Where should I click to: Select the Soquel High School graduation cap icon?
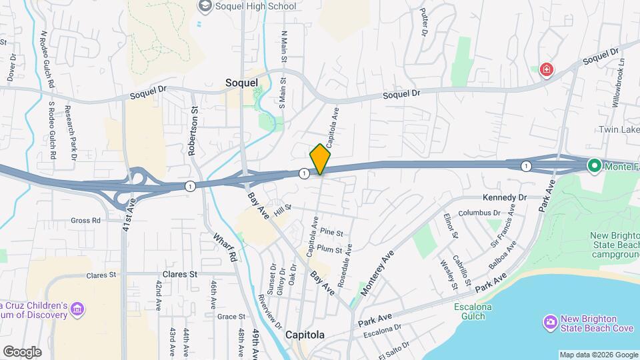pyautogui.click(x=205, y=6)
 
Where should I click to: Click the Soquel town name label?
pyautogui.click(x=241, y=83)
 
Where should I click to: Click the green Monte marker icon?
pyautogui.click(x=593, y=165)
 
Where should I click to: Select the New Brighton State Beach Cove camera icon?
pyautogui.click(x=551, y=323)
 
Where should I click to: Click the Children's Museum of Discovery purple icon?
pyautogui.click(x=78, y=309)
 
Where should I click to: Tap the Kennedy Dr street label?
pyautogui.click(x=505, y=198)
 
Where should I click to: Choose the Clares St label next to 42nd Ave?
pyautogui.click(x=180, y=274)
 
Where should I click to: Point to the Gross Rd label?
pyautogui.click(x=87, y=220)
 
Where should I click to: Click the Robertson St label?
pyautogui.click(x=193, y=131)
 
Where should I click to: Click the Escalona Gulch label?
pyautogui.click(x=475, y=311)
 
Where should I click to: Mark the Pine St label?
pyautogui.click(x=331, y=233)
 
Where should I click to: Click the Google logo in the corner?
pyautogui.click(x=22, y=351)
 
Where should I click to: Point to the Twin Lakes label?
pyautogui.click(x=618, y=129)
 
